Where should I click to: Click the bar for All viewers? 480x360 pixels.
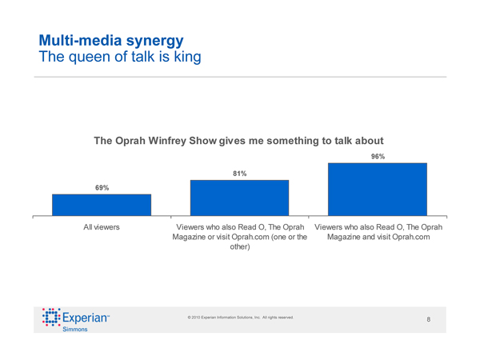click(x=102, y=205)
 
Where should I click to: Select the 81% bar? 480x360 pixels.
click(x=239, y=198)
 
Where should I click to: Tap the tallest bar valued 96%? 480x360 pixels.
click(x=378, y=189)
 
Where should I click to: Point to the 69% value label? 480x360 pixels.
click(x=102, y=187)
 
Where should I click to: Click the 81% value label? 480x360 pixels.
click(x=239, y=173)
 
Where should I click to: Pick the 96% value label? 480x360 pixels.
click(x=378, y=157)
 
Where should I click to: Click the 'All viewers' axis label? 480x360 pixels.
click(x=102, y=227)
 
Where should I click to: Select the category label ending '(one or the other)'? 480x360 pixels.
click(x=240, y=237)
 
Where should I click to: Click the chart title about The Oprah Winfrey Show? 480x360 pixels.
click(x=233, y=141)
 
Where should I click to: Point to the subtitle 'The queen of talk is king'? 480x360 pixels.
click(x=114, y=57)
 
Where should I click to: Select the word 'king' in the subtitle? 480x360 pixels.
click(x=185, y=57)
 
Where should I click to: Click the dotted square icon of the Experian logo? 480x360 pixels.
click(x=50, y=318)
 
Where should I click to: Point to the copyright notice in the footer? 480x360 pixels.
click(x=241, y=318)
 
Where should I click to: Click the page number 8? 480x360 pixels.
click(x=429, y=320)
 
